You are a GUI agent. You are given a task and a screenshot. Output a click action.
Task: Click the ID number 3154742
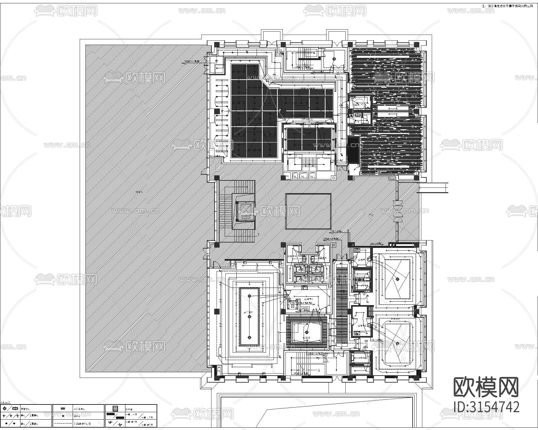(486, 406)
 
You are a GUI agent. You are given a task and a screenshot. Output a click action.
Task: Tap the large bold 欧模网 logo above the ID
(486, 387)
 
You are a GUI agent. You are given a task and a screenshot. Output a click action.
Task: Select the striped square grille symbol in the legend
(115, 409)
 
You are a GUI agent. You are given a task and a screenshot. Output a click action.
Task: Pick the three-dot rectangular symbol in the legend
(62, 409)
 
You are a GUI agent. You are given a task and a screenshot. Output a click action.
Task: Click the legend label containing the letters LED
(82, 424)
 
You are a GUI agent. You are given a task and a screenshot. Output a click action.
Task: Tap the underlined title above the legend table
(6, 402)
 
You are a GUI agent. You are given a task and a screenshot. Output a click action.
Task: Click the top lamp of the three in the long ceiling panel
(249, 296)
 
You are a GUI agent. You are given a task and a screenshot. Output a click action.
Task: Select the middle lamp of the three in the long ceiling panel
(249, 316)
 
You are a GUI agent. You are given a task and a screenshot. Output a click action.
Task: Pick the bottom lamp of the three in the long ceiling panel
(249, 338)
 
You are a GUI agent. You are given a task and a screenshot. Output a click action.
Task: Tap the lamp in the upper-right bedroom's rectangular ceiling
(397, 278)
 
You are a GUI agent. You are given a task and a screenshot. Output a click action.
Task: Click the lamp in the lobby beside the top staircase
(334, 59)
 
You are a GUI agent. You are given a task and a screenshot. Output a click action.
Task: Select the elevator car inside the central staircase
(245, 211)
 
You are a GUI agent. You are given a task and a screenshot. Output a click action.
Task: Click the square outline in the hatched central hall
(308, 211)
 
